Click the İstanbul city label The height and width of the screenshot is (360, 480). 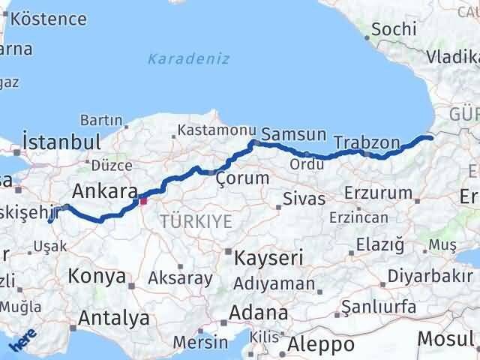[61, 142]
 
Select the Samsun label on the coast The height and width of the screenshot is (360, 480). [298, 136]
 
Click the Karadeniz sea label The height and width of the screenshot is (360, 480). [188, 58]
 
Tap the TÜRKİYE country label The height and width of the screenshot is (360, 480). [195, 220]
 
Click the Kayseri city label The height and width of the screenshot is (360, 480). [268, 258]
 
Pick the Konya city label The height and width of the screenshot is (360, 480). [97, 277]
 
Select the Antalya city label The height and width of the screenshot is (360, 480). [113, 319]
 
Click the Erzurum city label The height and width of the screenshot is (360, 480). [377, 193]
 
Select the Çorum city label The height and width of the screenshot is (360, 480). [241, 178]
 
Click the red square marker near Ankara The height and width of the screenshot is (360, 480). [142, 200]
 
